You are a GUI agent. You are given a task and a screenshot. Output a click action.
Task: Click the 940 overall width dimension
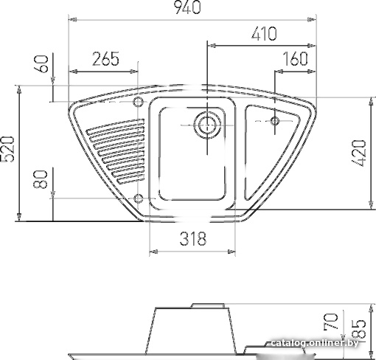click(x=187, y=7)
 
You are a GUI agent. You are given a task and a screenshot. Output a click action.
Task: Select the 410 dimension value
click(x=264, y=34)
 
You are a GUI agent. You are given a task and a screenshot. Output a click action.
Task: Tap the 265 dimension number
click(x=105, y=59)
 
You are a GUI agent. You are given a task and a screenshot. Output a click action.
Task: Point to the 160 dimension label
click(x=295, y=59)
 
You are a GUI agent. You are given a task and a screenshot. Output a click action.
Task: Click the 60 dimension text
click(x=43, y=64)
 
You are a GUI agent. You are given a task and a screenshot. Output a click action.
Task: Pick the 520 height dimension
click(x=8, y=149)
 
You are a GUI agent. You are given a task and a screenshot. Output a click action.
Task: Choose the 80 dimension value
click(x=40, y=179)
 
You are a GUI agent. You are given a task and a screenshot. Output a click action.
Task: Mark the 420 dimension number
click(x=359, y=153)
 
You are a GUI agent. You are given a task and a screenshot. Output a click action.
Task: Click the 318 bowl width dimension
click(x=193, y=238)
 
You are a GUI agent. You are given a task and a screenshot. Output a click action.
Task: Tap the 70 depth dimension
click(x=332, y=321)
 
